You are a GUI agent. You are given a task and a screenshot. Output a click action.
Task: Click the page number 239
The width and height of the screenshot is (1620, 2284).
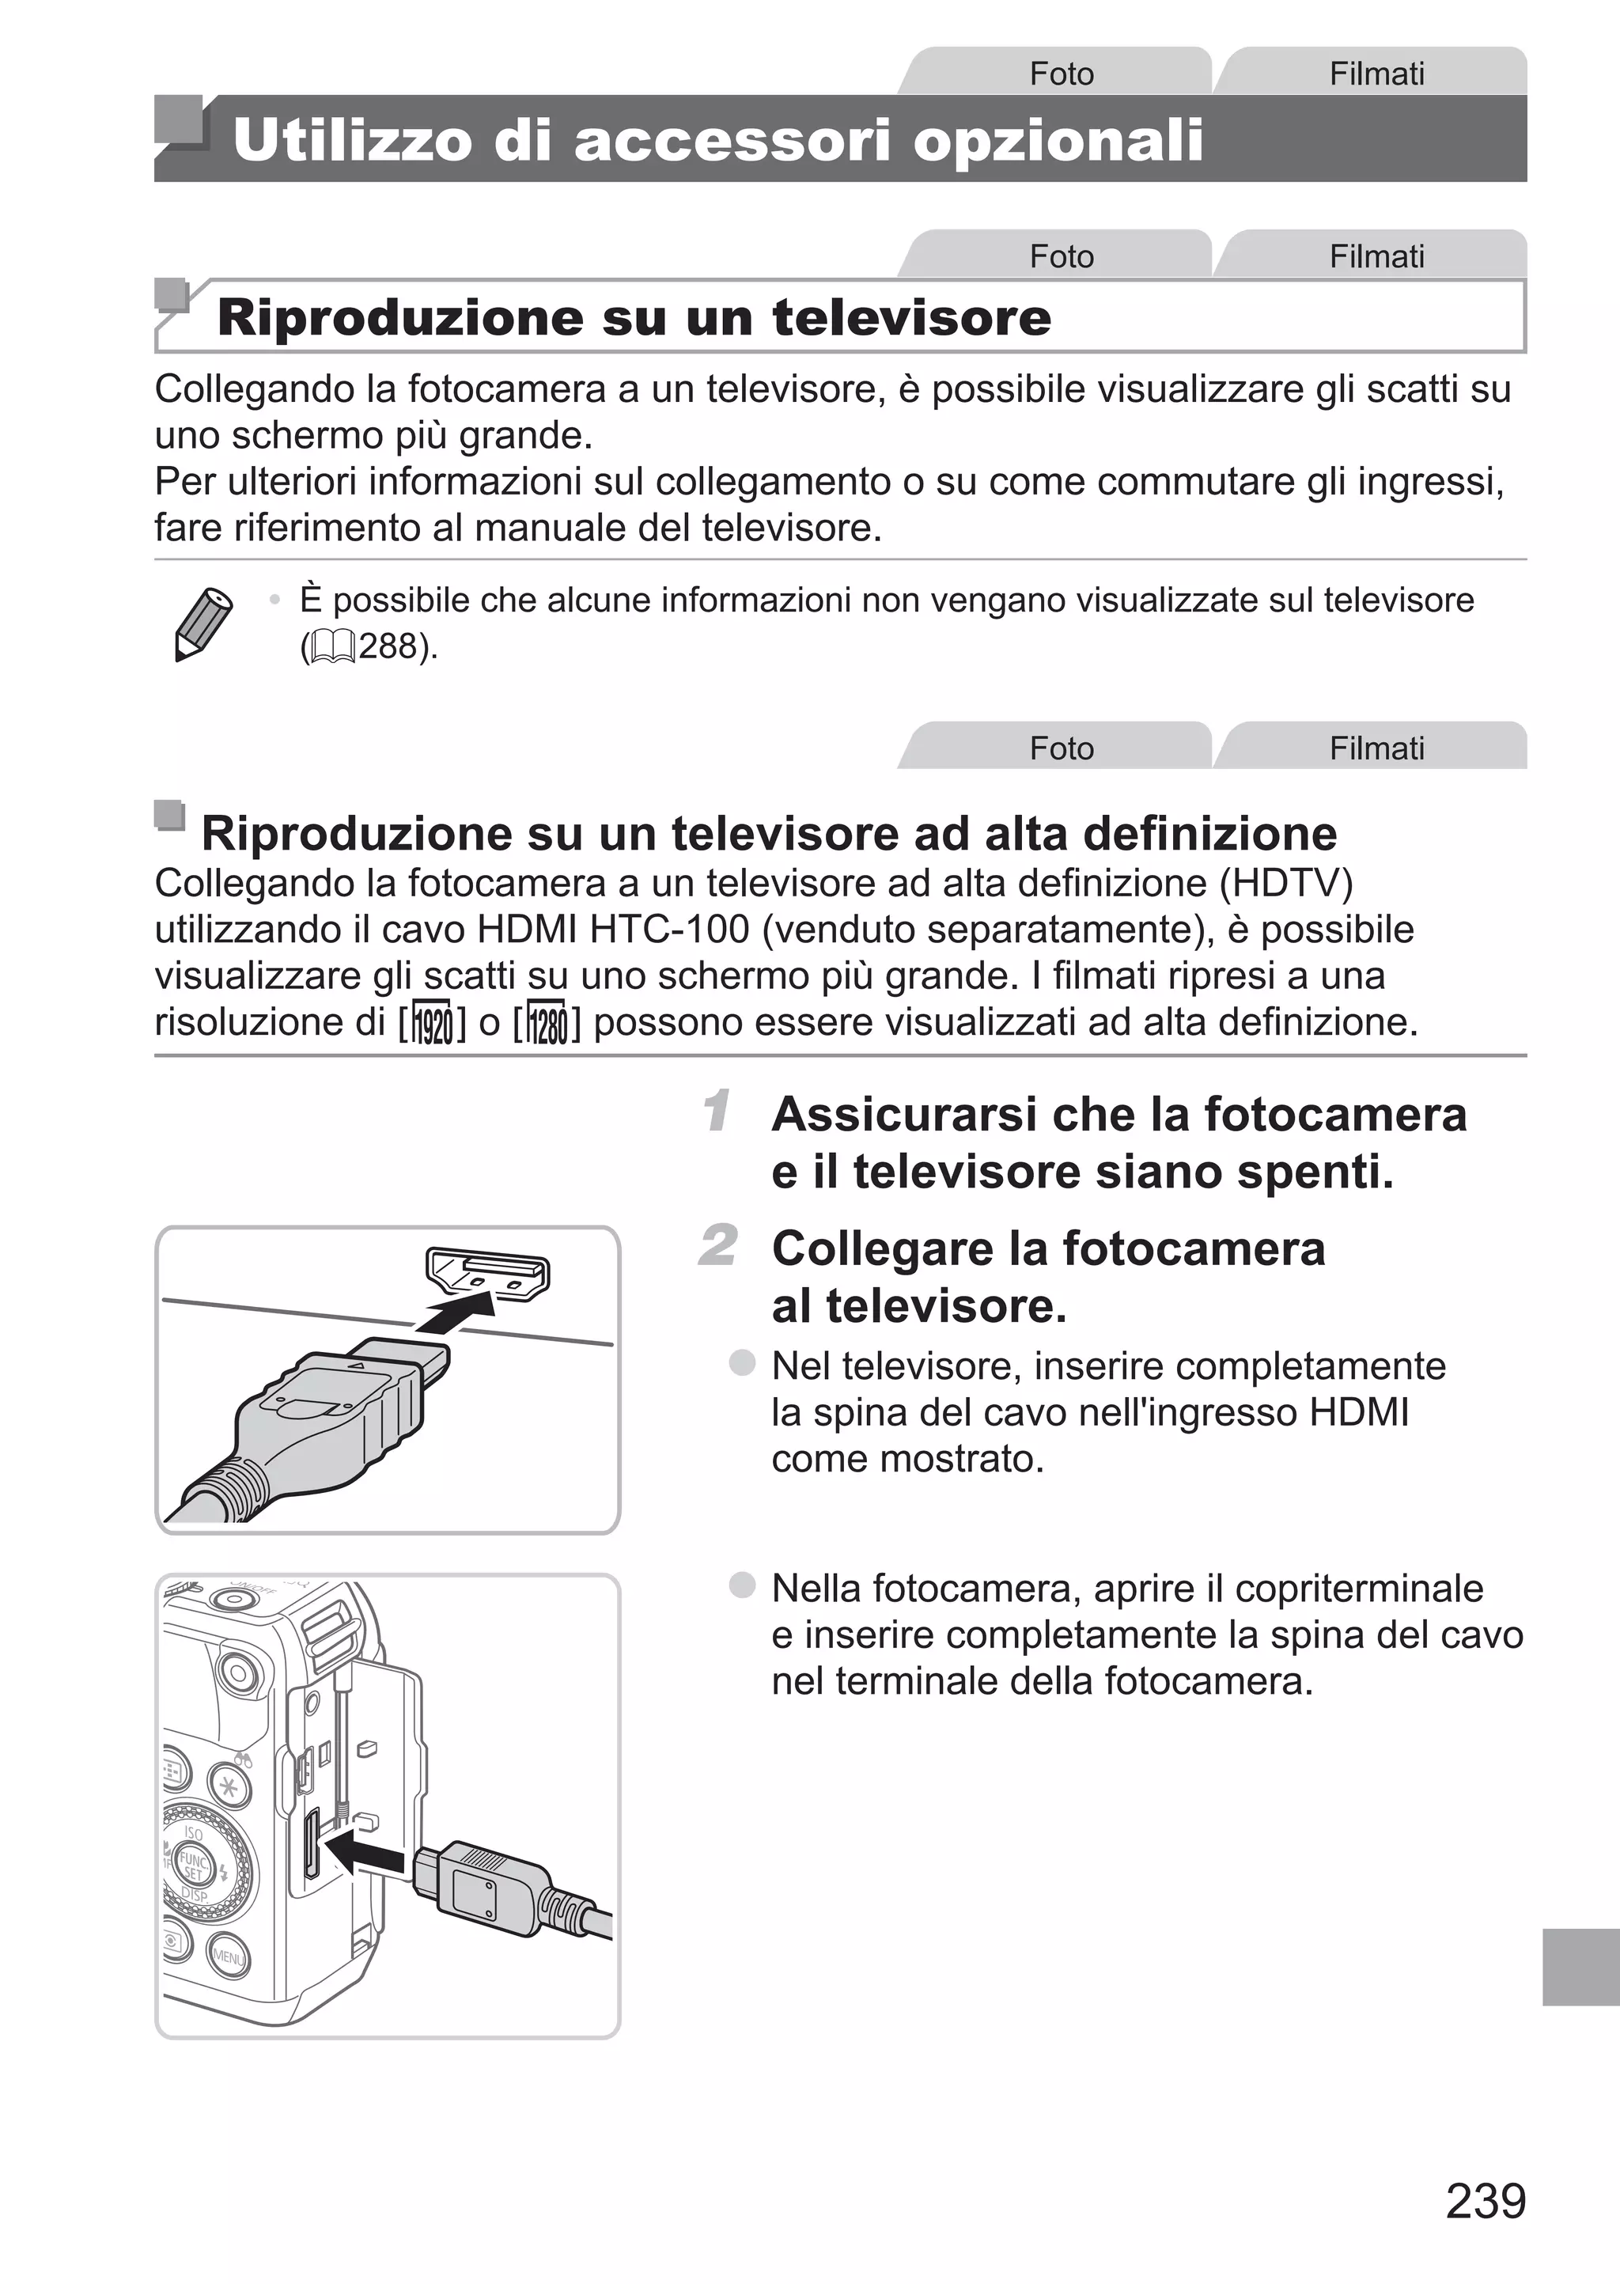click(x=1486, y=2200)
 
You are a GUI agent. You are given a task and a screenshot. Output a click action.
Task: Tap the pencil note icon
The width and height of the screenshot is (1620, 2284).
click(x=202, y=623)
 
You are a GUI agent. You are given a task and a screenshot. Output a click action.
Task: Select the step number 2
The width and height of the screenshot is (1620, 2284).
click(x=718, y=1246)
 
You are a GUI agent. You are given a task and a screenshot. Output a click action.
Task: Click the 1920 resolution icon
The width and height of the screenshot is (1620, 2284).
click(x=433, y=1022)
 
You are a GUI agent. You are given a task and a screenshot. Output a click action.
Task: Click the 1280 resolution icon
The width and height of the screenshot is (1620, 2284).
click(x=547, y=1022)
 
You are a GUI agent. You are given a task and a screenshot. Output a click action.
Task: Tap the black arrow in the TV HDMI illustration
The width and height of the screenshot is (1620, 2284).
click(x=457, y=1312)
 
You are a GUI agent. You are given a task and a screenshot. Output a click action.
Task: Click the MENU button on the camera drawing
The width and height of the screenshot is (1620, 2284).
click(x=228, y=1956)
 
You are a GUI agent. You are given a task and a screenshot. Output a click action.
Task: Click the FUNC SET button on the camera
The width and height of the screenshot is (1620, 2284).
click(x=192, y=1864)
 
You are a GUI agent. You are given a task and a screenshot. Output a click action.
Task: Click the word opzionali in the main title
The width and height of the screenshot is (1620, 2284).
click(x=1058, y=139)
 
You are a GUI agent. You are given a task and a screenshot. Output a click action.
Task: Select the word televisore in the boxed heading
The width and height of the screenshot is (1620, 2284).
click(x=912, y=317)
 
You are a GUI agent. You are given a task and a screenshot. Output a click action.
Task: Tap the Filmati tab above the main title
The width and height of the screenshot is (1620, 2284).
click(x=1376, y=73)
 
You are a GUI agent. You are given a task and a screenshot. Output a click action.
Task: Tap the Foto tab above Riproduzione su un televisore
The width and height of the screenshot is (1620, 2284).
click(x=1061, y=256)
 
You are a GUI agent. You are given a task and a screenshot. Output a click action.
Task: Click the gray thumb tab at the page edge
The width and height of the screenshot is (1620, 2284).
click(x=1580, y=1966)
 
